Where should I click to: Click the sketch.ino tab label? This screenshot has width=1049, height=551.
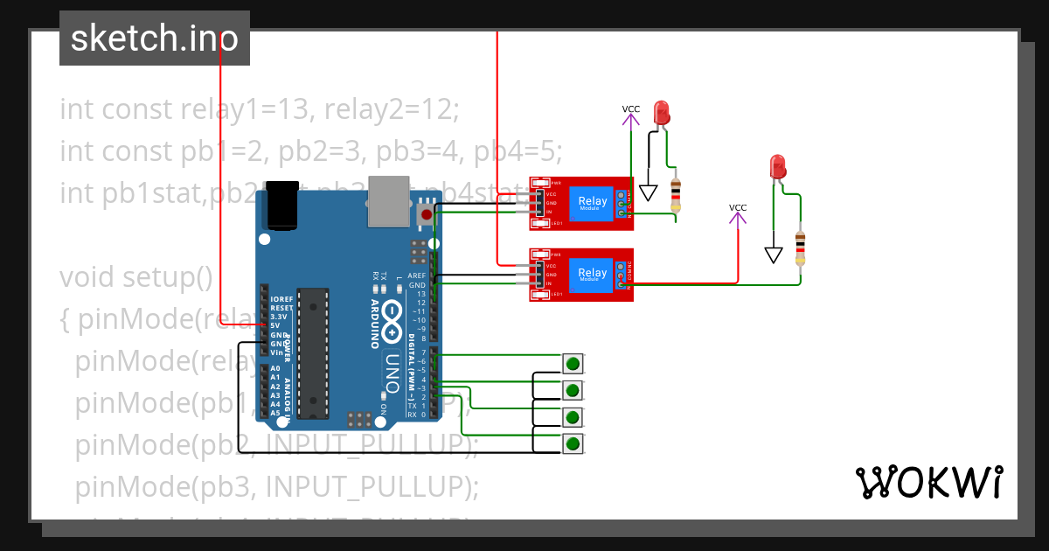tap(154, 38)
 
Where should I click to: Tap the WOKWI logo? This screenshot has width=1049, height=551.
tap(928, 482)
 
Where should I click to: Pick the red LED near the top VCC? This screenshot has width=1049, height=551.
tap(661, 112)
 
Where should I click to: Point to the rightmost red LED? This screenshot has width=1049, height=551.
tap(777, 165)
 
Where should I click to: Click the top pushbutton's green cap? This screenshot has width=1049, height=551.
tap(573, 363)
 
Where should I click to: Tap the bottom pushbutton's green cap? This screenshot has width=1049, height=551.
tap(573, 444)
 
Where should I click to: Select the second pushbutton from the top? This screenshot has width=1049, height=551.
tap(573, 390)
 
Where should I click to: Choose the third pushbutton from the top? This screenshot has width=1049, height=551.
tap(573, 417)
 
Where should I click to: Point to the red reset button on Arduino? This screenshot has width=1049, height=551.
tap(427, 213)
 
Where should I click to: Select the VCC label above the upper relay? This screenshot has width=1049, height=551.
tap(631, 109)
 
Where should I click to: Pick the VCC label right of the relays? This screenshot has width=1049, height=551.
tap(738, 207)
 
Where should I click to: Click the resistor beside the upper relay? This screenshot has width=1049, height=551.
tap(675, 194)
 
